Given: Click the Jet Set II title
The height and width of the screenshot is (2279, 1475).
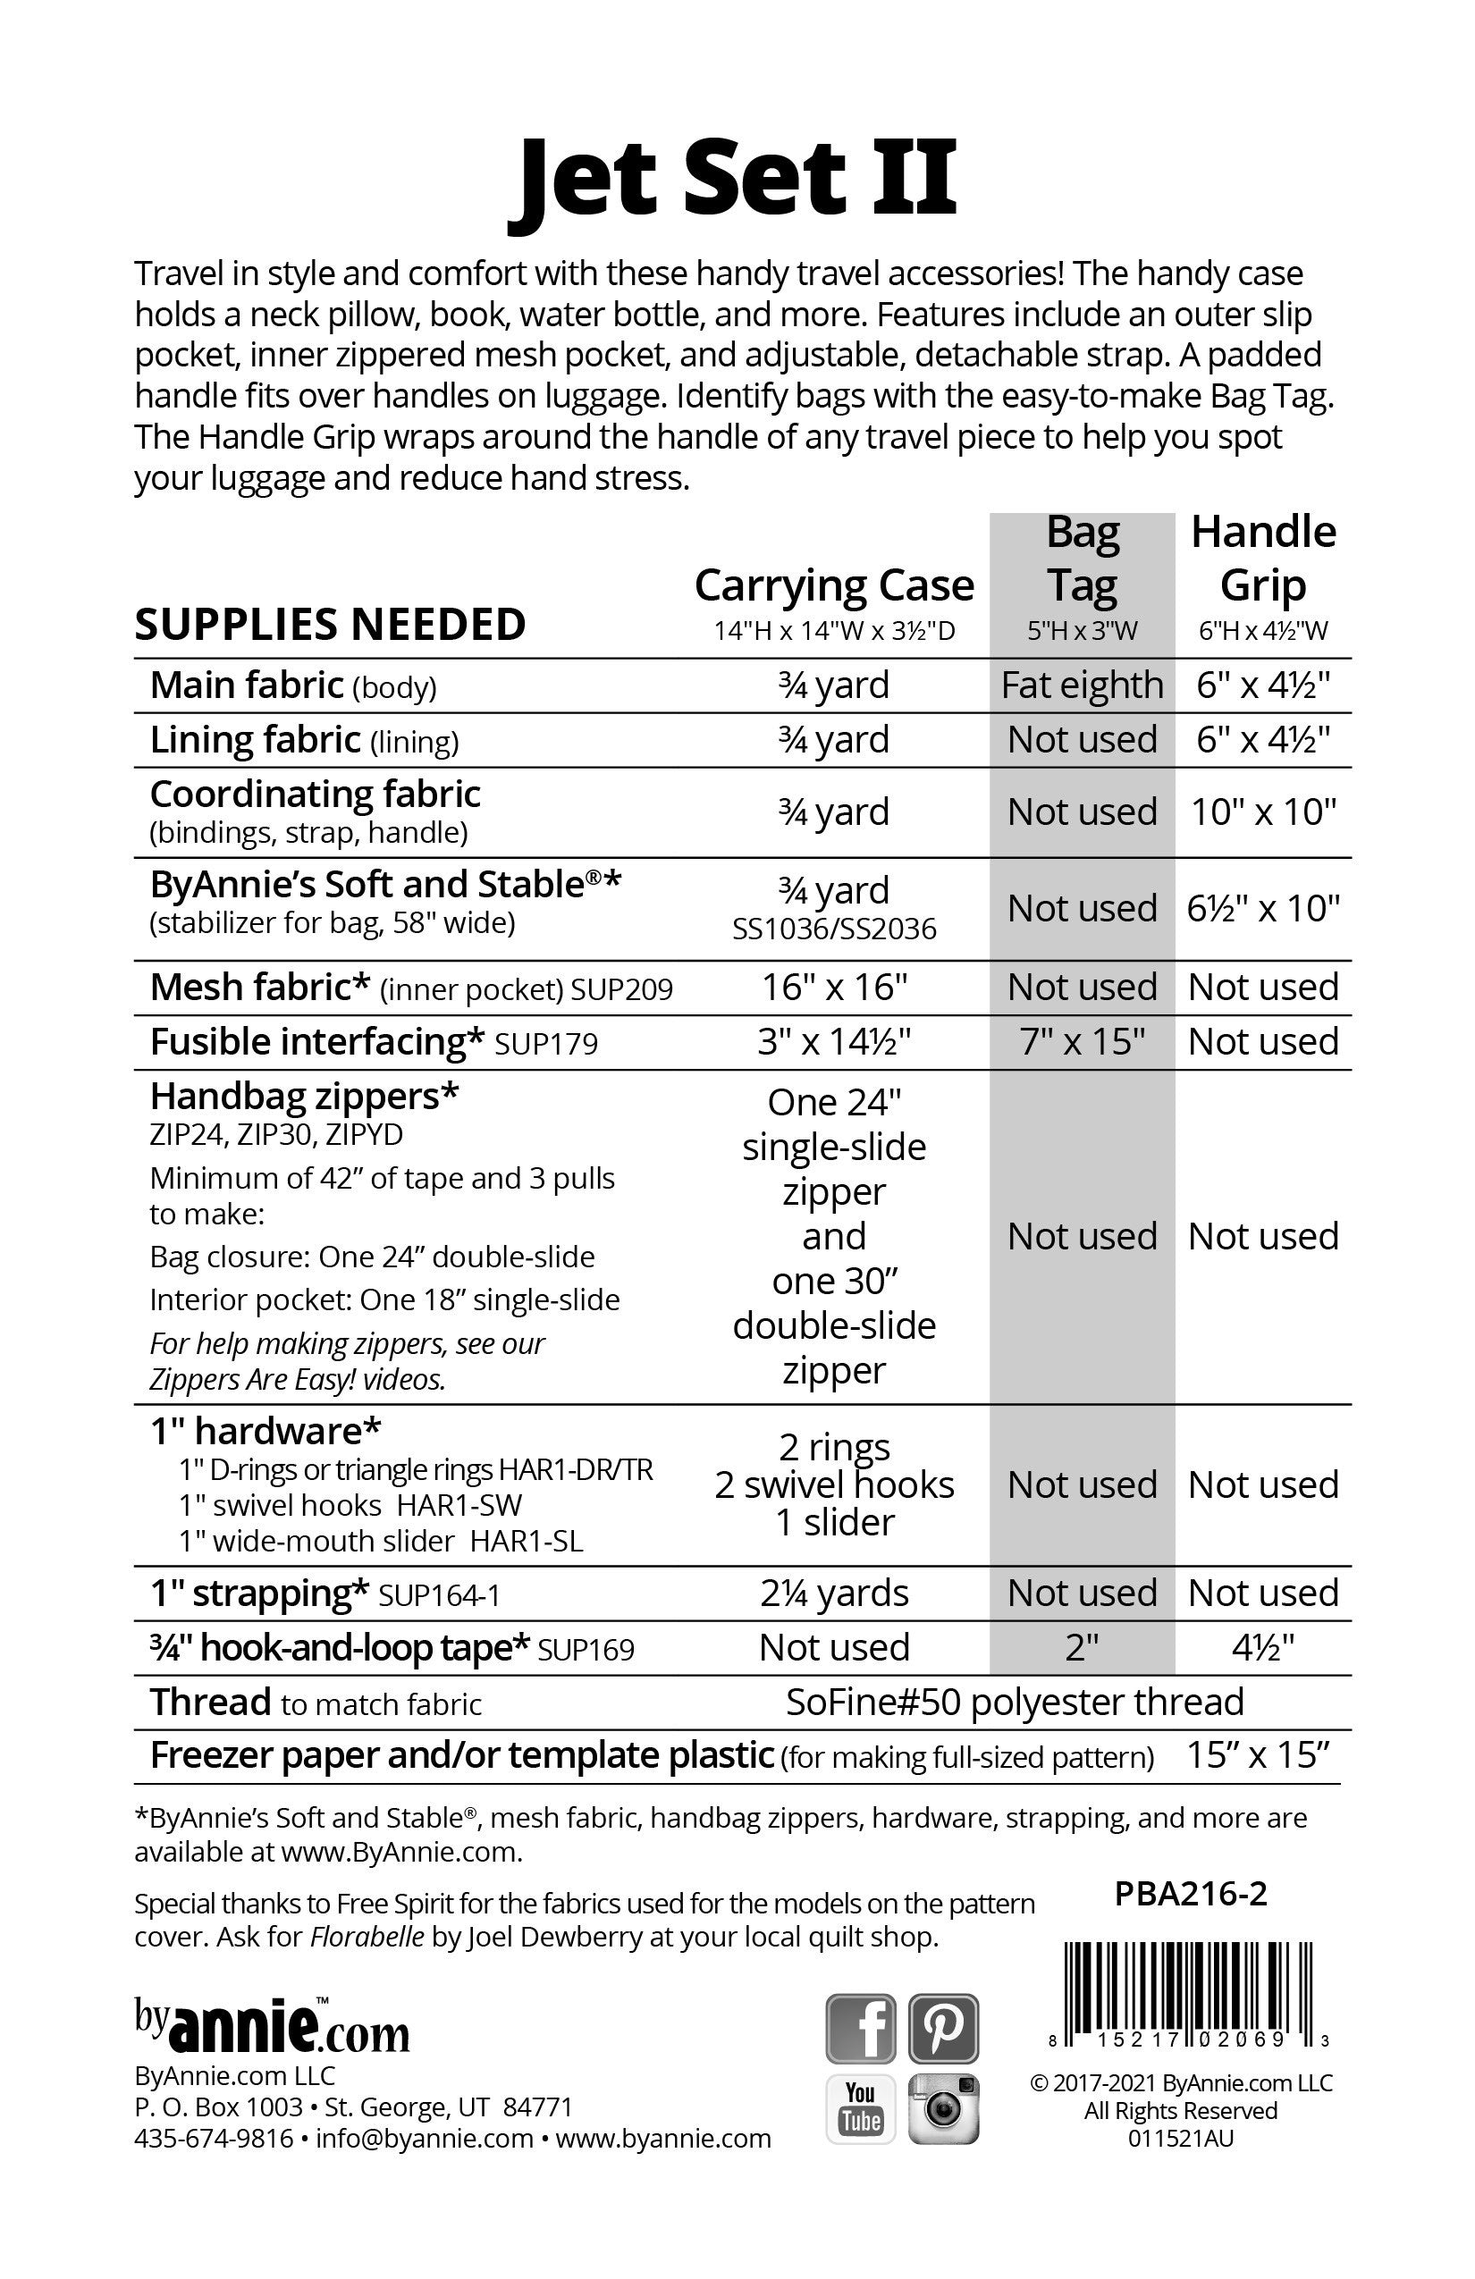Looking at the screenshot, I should click(x=733, y=179).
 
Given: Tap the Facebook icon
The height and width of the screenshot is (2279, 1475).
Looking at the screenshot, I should click(x=860, y=2027).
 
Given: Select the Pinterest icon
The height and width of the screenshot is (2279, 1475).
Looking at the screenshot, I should click(x=942, y=2027).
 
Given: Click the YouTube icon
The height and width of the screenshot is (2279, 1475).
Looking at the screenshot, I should click(x=860, y=2107).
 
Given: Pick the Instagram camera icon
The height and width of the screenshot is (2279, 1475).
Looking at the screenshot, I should click(x=942, y=2107).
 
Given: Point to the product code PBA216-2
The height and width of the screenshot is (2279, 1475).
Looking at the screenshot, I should click(x=1191, y=1893).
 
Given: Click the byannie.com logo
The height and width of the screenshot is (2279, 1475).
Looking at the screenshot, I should click(x=272, y=2025).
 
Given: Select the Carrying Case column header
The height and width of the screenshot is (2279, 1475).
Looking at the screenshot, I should click(x=833, y=585).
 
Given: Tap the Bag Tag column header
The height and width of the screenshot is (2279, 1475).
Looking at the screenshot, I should click(x=1082, y=559).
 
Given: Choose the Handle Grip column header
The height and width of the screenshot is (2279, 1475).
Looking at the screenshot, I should click(x=1262, y=559).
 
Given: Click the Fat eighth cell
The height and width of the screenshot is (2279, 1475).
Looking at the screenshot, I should click(x=1082, y=685).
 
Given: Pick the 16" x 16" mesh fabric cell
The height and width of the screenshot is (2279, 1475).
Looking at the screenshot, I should click(x=833, y=987).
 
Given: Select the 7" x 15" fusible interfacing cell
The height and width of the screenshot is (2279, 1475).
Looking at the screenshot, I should click(x=1082, y=1041).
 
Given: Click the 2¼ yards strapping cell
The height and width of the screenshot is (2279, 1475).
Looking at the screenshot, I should click(x=833, y=1593).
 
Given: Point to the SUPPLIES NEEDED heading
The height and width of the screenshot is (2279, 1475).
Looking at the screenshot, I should click(x=330, y=625).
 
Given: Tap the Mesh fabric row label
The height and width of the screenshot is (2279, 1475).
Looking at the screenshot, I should click(x=259, y=988).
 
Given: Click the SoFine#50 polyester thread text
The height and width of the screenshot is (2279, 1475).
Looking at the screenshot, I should click(x=1015, y=1702).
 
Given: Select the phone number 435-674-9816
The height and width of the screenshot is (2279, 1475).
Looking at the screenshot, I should click(x=214, y=2138).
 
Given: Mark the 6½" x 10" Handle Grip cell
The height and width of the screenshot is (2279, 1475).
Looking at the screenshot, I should click(x=1262, y=908).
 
